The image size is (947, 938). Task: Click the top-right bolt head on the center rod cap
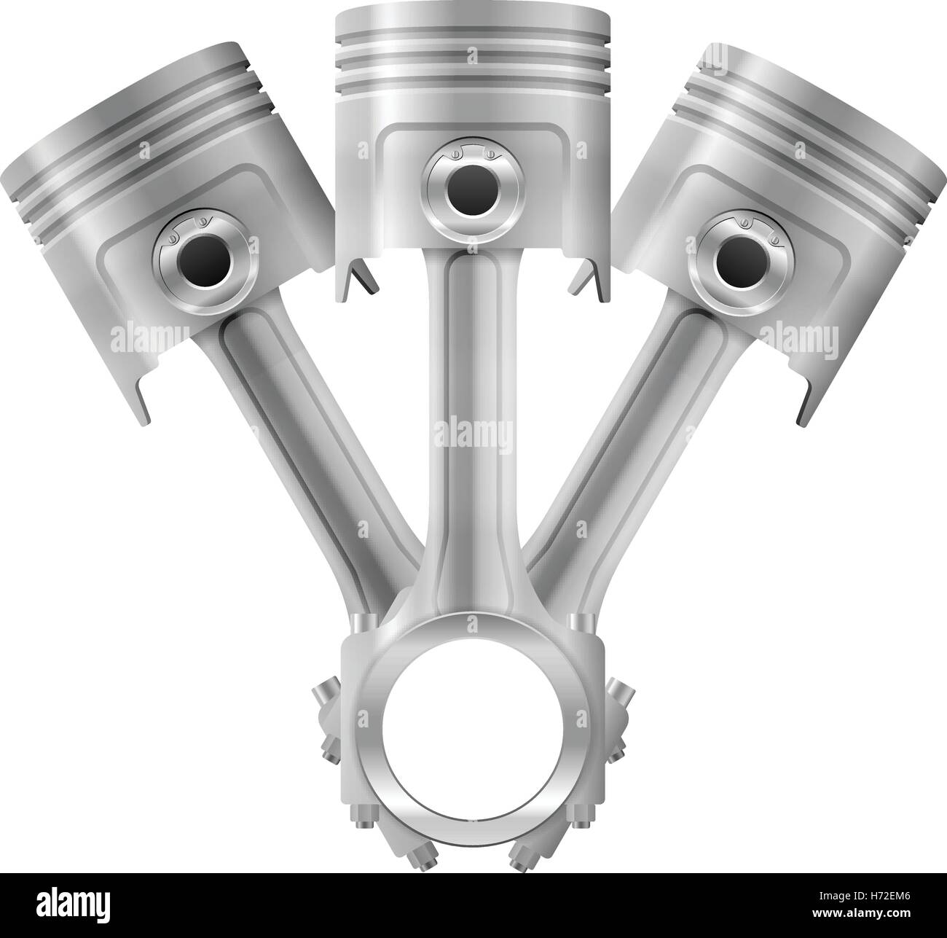(x=581, y=624)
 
